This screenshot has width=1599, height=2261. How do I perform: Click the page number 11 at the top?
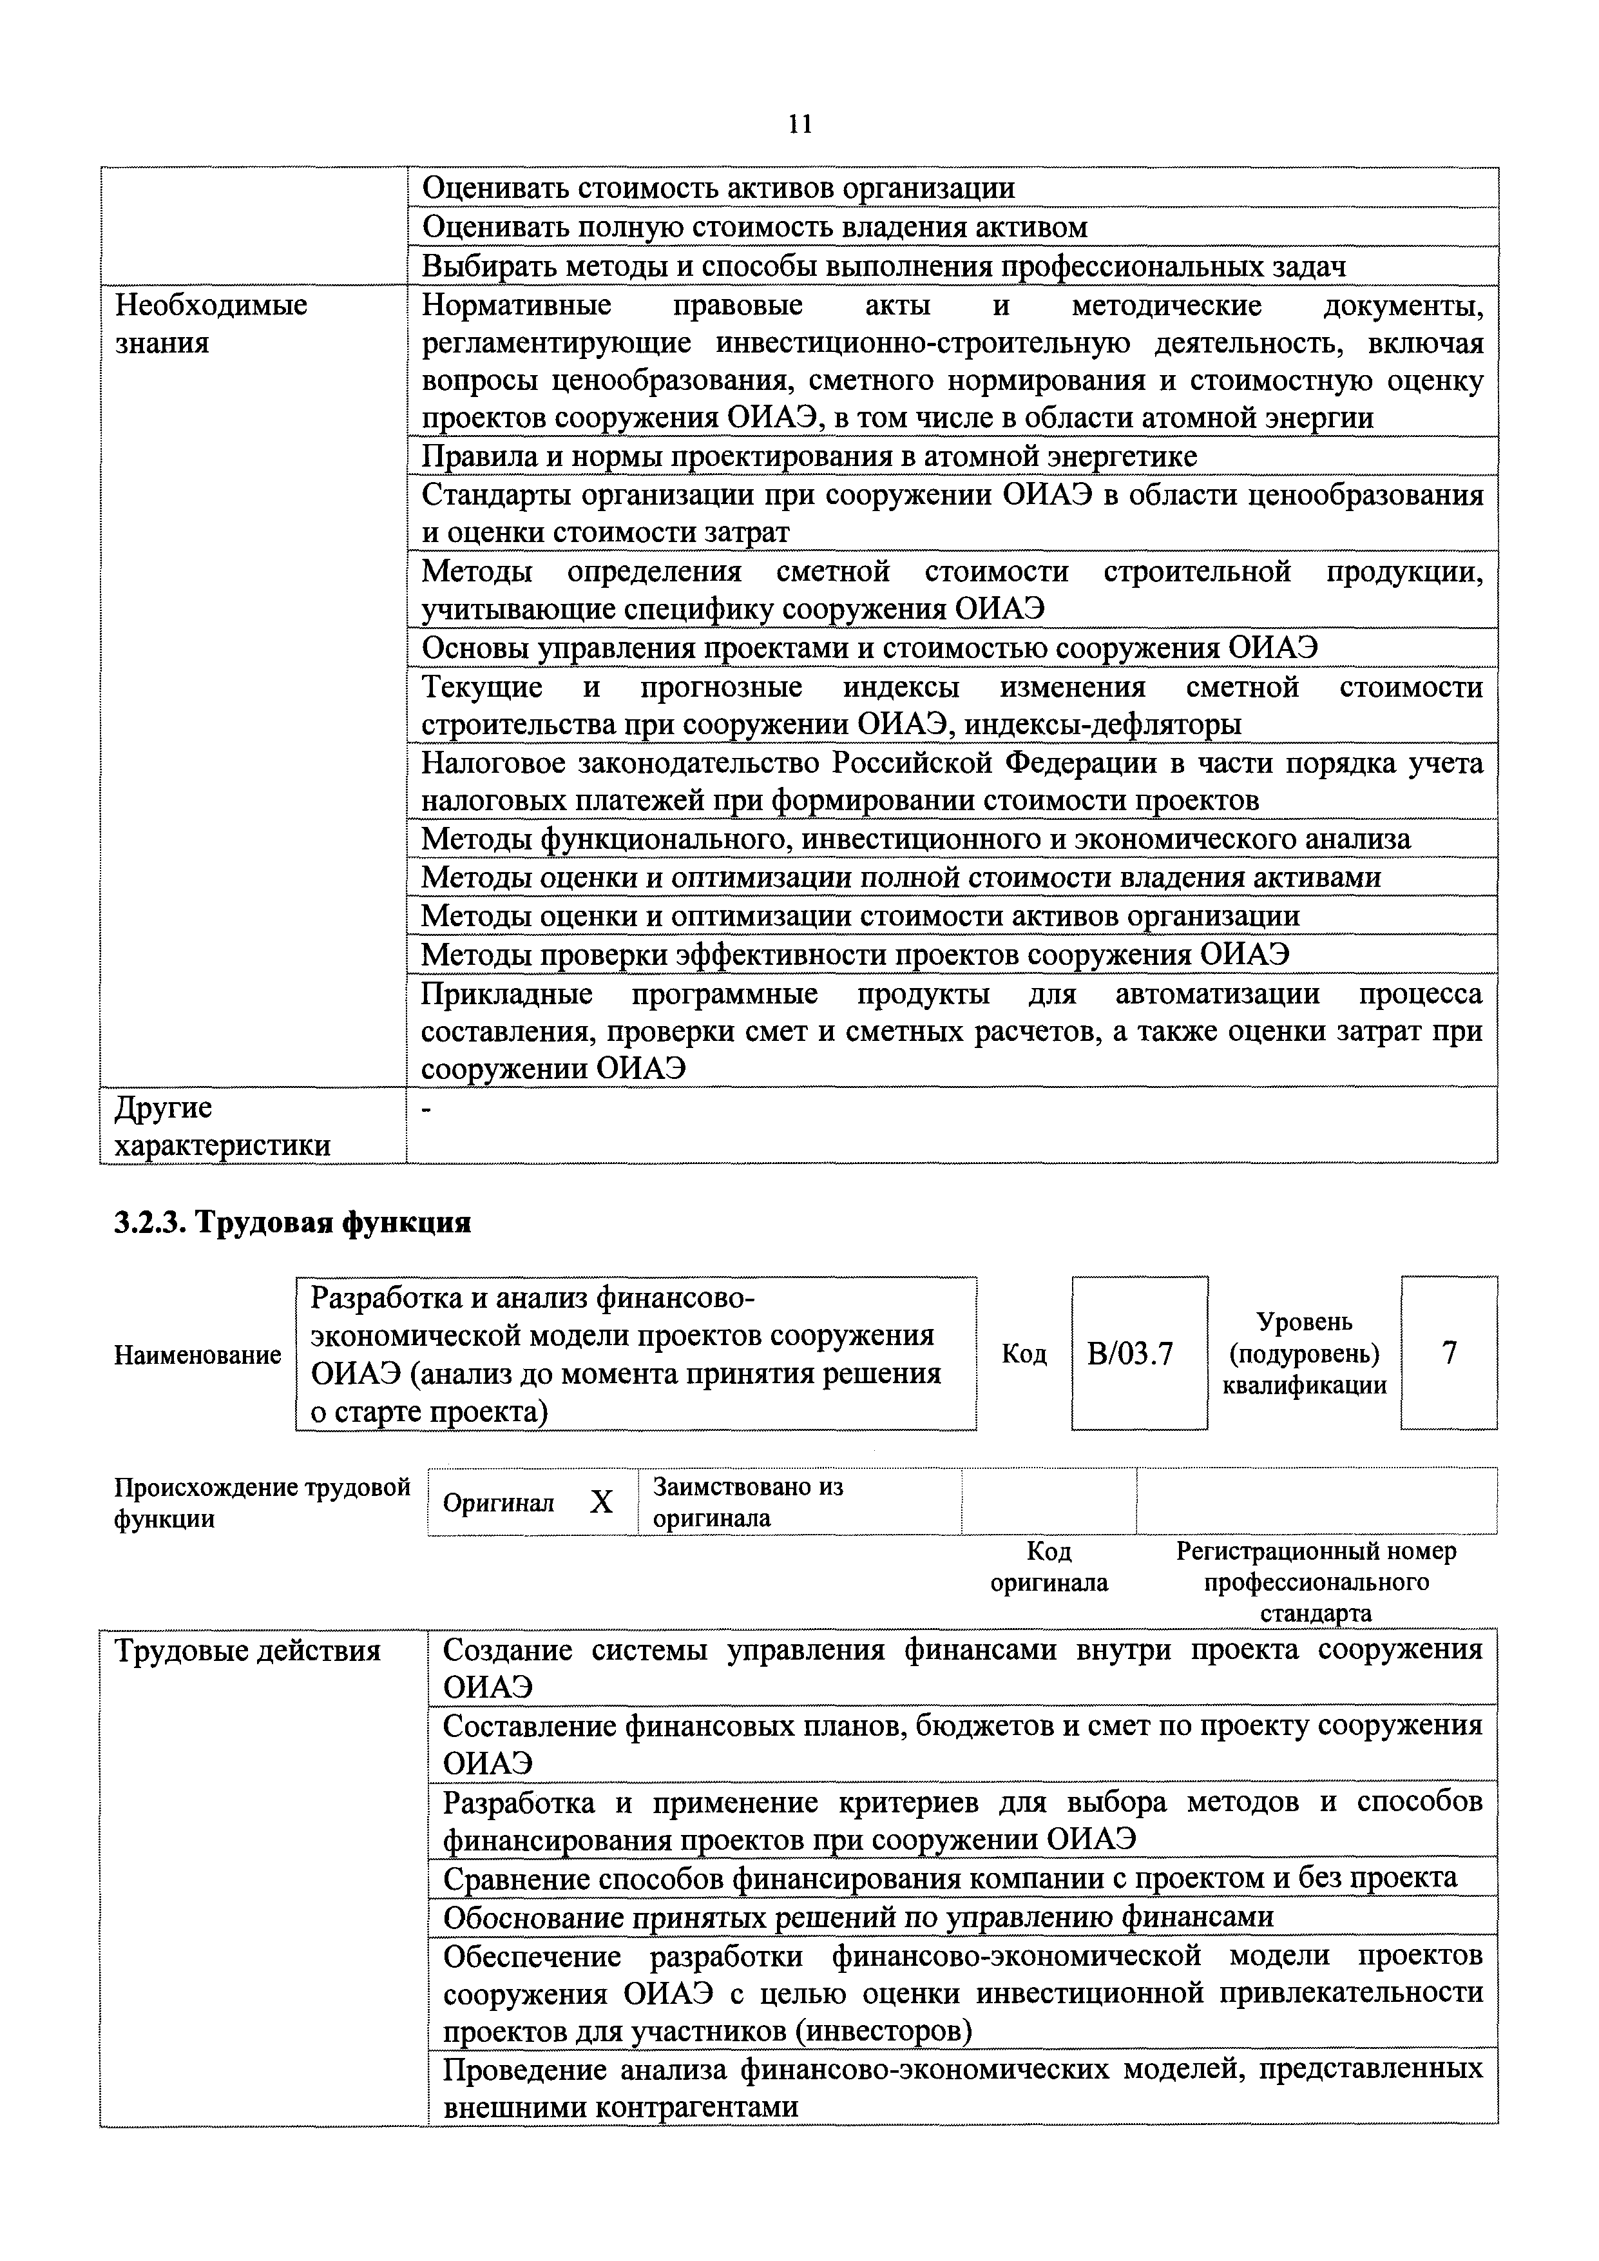(x=799, y=124)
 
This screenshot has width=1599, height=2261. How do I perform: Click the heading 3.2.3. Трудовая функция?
(x=292, y=1222)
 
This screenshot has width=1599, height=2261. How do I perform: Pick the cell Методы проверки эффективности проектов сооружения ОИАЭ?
(x=856, y=955)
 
